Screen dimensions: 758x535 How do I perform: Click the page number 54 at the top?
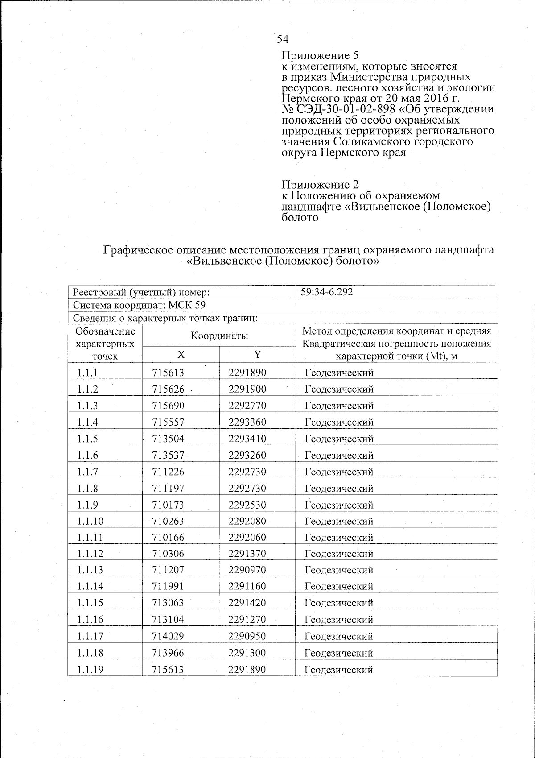283,39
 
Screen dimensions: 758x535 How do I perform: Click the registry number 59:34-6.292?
327,292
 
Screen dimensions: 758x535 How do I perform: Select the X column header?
181,355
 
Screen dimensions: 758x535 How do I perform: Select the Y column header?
257,355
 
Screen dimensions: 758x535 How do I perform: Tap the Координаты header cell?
219,336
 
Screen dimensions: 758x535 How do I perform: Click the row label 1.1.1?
87,373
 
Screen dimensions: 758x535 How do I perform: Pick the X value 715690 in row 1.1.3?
168,406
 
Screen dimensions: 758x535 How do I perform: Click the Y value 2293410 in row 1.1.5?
247,439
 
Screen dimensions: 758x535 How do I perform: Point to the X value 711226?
168,472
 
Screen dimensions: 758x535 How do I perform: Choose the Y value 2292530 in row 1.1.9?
247,505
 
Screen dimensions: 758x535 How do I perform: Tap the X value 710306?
168,554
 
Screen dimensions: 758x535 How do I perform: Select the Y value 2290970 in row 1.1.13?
247,570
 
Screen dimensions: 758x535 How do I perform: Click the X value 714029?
168,636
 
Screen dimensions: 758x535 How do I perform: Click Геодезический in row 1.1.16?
339,620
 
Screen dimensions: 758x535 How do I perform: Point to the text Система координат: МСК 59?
139,305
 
